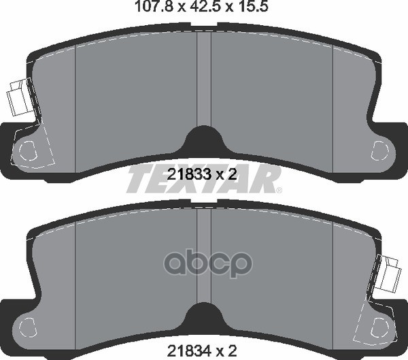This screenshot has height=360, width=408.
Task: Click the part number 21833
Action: [189, 174]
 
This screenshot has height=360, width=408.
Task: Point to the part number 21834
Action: [189, 350]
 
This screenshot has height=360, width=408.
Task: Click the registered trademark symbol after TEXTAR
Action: [279, 191]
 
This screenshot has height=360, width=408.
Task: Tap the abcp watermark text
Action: [208, 263]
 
